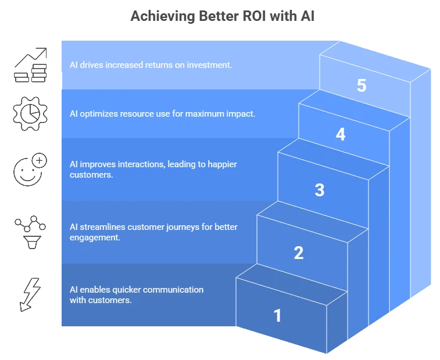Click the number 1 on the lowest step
pos(277,315)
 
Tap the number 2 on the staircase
pos(298,253)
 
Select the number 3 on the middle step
pos(319,190)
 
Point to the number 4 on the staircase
pos(340,134)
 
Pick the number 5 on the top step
pos(362,86)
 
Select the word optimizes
pos(98,114)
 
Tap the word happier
pos(221,164)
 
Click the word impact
pos(241,114)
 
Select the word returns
pos(166,65)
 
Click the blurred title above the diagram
pos(223,17)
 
